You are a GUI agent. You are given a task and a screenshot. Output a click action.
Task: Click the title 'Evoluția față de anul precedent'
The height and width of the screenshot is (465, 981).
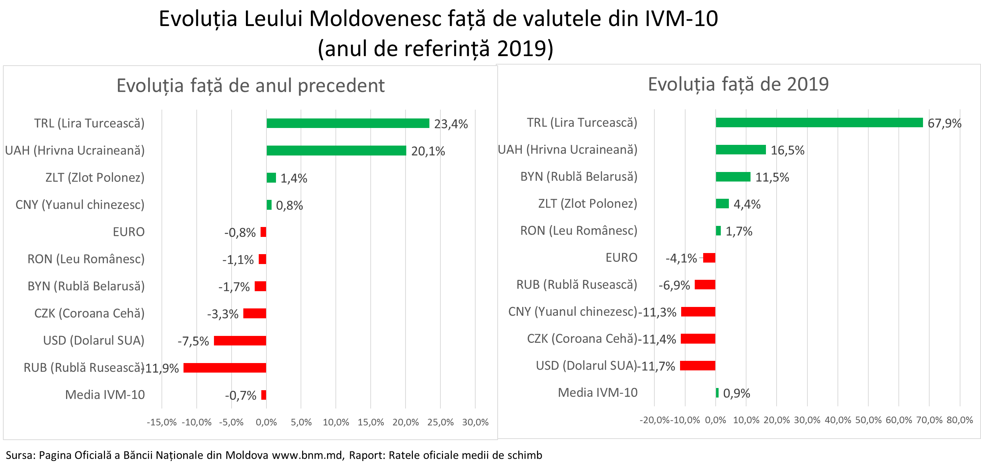click(250, 85)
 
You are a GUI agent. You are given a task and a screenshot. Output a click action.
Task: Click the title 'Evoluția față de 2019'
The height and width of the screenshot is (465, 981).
click(738, 84)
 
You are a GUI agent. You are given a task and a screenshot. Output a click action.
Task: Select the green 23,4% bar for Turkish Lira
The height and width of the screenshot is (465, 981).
click(348, 123)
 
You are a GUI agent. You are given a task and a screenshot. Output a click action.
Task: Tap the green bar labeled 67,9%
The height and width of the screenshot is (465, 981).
click(819, 122)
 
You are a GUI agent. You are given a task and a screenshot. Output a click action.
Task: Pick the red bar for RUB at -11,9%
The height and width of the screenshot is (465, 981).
click(225, 368)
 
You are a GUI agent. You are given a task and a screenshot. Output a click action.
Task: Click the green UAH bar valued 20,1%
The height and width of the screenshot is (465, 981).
click(336, 151)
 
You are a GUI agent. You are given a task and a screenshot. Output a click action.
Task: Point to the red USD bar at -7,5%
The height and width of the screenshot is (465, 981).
click(240, 341)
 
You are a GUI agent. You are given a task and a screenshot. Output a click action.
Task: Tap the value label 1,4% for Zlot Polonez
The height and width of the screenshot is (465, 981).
click(294, 179)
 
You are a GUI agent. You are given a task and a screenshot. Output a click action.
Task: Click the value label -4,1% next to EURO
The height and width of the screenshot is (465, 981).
click(681, 259)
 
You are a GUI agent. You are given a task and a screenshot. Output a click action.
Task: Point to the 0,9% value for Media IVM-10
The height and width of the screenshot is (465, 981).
click(736, 393)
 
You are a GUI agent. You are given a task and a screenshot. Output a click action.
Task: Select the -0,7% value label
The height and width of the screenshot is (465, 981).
click(240, 396)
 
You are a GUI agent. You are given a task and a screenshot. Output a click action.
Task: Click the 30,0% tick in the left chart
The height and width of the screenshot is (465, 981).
click(475, 422)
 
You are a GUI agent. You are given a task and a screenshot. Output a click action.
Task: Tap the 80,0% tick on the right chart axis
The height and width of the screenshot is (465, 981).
click(960, 421)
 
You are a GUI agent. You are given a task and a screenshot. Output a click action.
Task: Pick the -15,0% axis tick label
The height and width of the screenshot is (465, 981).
click(162, 422)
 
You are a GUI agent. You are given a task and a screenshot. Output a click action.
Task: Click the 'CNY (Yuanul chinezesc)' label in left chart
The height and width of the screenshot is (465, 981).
click(80, 205)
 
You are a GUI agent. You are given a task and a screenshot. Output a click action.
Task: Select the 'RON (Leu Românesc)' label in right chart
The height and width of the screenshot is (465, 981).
click(578, 231)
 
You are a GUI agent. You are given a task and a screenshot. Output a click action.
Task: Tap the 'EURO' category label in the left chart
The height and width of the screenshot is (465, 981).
click(129, 232)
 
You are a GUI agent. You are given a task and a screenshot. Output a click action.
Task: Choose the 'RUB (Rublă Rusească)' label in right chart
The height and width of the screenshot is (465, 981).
click(577, 285)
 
